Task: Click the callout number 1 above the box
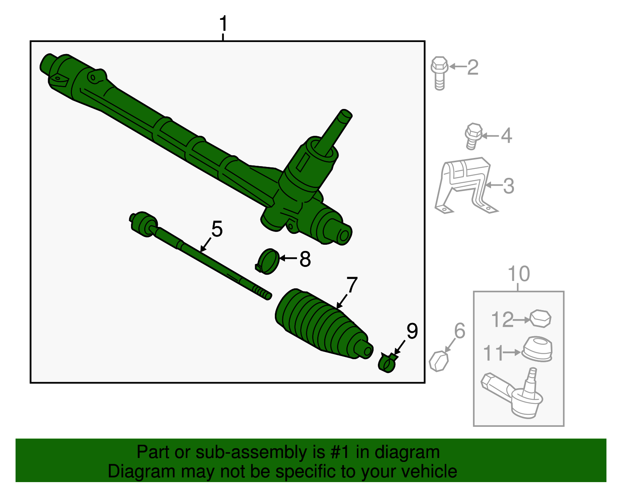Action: (223, 24)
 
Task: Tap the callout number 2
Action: (472, 67)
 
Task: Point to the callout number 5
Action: (217, 229)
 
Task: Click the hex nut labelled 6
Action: (439, 361)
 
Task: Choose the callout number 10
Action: (519, 274)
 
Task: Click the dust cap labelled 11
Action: (537, 349)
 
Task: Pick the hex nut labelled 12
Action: (540, 319)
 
